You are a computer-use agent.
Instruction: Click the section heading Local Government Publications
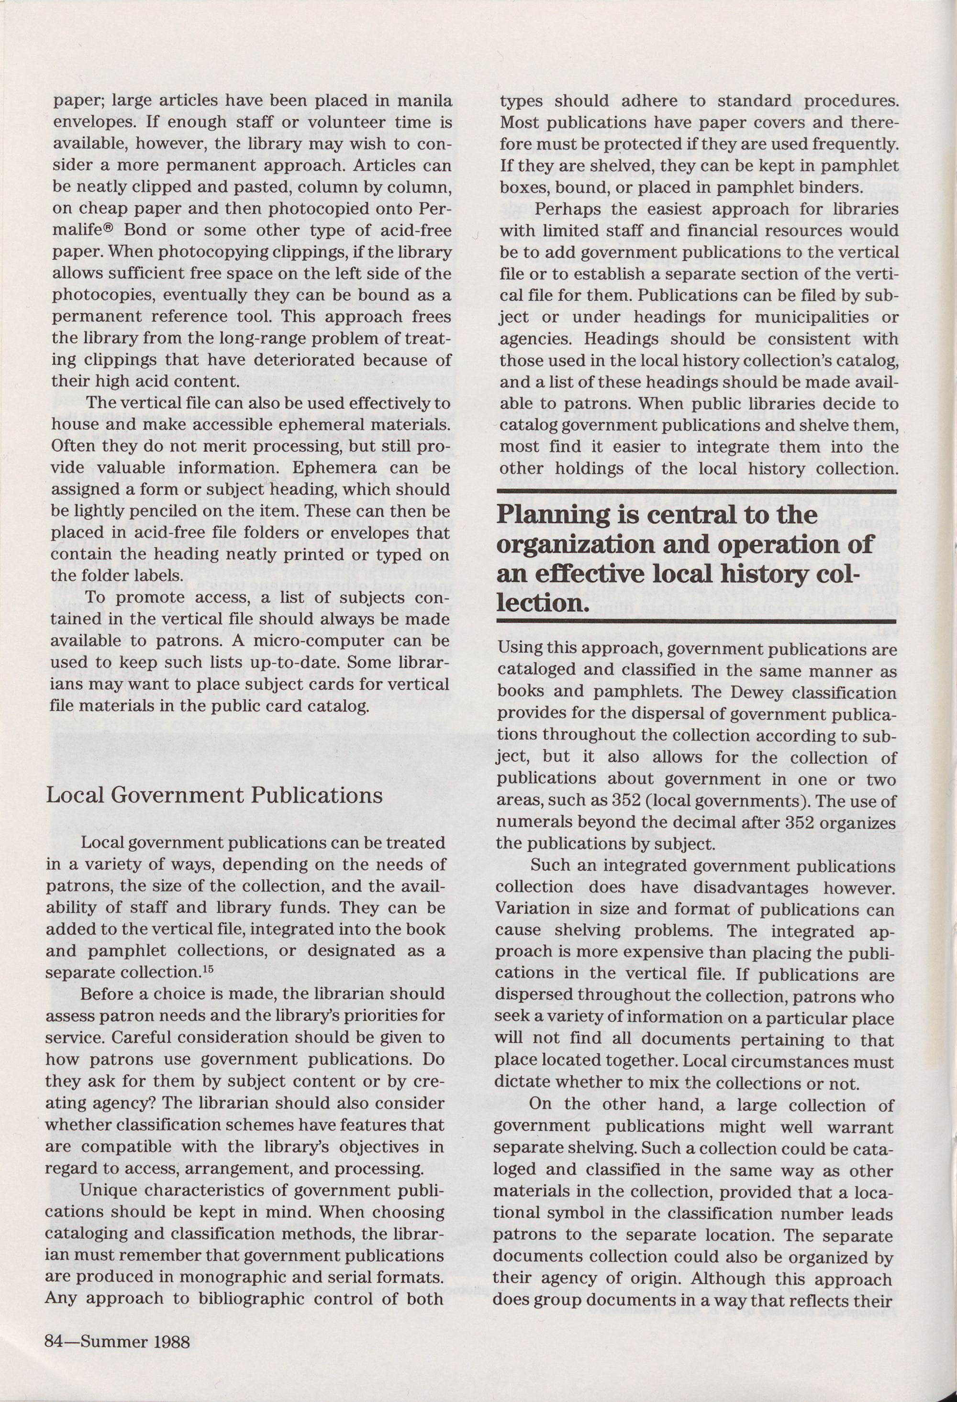pyautogui.click(x=214, y=795)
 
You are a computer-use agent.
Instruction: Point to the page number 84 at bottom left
pyautogui.click(x=56, y=1337)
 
